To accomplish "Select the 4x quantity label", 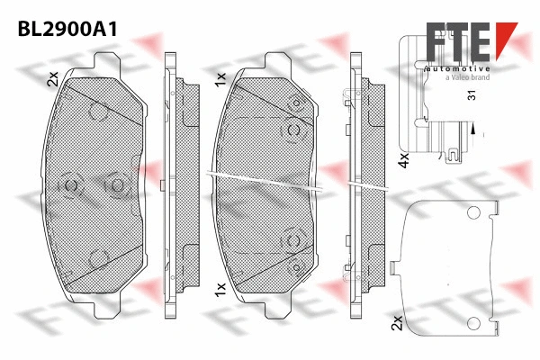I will click(404, 160).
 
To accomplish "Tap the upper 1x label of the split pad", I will click(219, 80).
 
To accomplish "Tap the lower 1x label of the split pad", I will click(219, 289).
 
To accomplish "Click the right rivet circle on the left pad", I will click(115, 185).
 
